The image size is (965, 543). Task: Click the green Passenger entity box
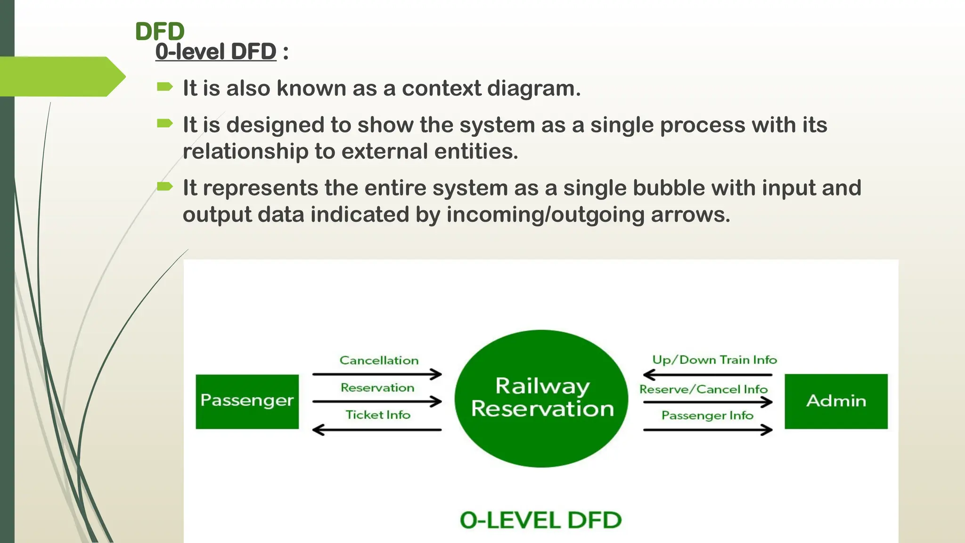247,401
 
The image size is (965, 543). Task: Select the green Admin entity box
836,401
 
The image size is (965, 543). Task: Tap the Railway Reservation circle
541,398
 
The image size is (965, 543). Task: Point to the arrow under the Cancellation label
377,374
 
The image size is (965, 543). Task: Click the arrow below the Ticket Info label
377,430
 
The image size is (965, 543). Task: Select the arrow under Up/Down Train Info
708,375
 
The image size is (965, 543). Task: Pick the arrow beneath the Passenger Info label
708,430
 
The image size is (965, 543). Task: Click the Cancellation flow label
379,361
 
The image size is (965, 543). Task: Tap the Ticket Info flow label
378,415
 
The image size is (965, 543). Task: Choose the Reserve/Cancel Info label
703,389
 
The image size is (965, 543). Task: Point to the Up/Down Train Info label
714,360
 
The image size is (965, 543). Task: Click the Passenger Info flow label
707,415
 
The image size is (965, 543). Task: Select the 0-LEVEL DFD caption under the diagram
540,520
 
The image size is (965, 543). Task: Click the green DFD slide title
160,32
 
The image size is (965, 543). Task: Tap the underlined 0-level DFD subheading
216,51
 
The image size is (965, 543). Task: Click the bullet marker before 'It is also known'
164,87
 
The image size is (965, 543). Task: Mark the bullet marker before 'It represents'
164,186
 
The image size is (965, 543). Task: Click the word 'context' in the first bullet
442,89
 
